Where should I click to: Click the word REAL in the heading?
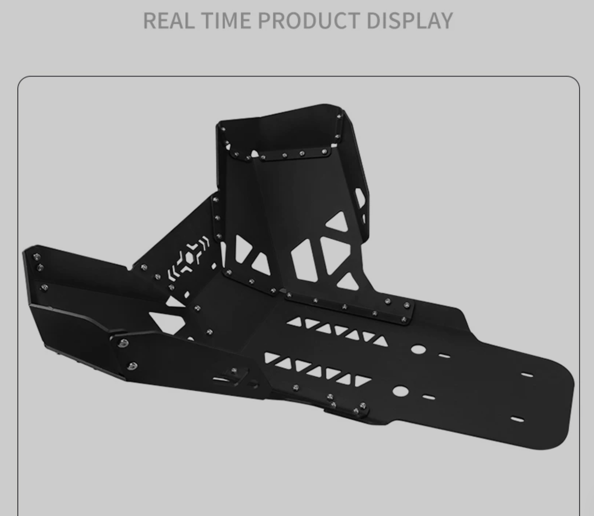[169, 20]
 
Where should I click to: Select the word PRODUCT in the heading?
[308, 20]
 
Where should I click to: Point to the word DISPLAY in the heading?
[409, 20]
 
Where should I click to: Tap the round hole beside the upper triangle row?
[418, 350]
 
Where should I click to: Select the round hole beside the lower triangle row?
[400, 391]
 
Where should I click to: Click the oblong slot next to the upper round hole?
[444, 356]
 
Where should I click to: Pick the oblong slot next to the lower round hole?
[429, 397]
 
